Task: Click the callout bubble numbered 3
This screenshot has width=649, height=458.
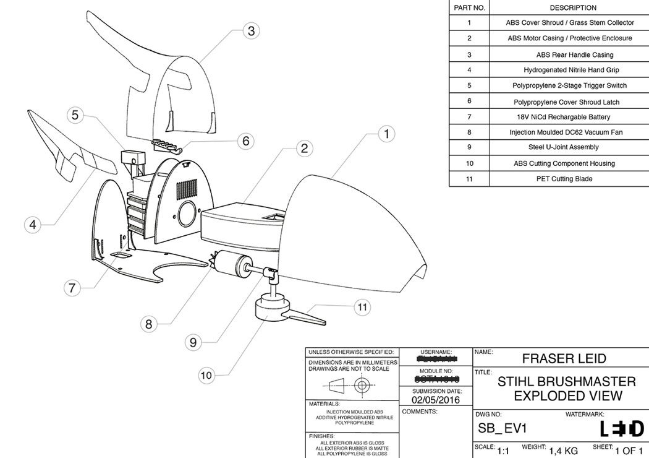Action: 250,30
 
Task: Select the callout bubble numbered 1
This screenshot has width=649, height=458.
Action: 386,132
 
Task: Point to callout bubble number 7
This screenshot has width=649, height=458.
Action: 73,288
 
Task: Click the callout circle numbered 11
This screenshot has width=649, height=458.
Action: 363,306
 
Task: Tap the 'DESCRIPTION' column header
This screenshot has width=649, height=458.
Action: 573,8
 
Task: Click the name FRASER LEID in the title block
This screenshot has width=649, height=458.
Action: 564,358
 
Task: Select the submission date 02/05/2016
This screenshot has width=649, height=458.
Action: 436,400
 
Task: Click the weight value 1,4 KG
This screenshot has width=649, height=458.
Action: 563,451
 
